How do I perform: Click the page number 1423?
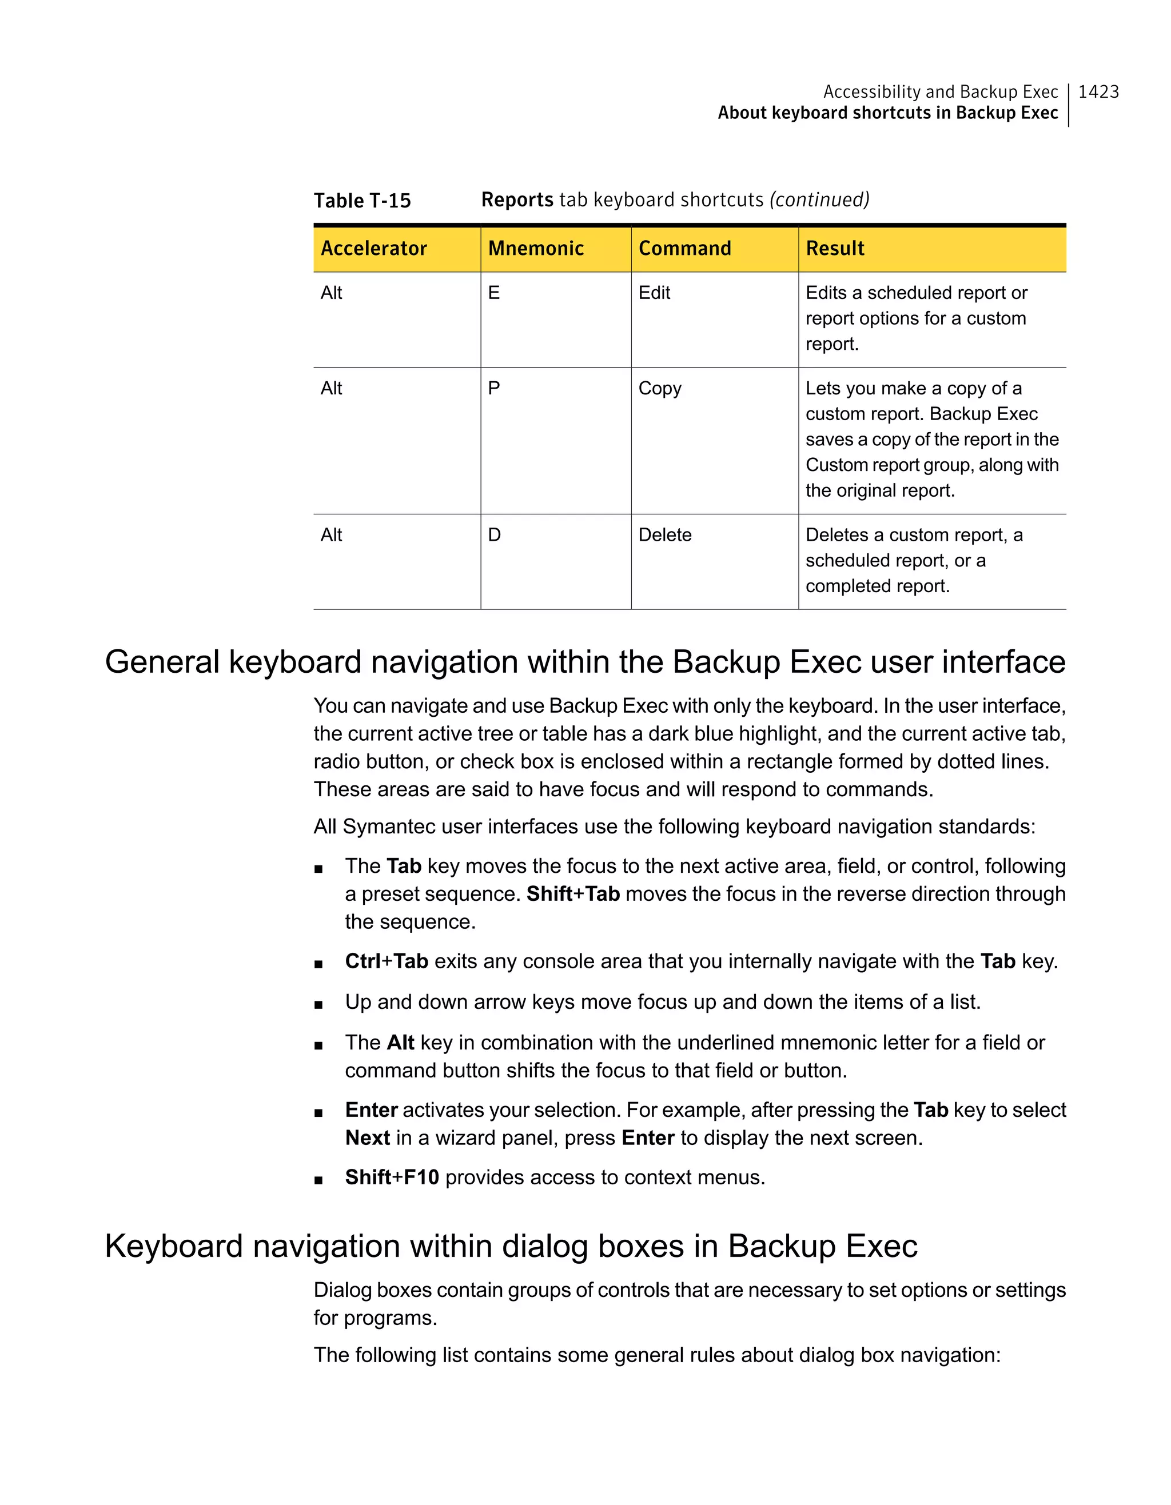click(1098, 91)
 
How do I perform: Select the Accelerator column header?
click(373, 248)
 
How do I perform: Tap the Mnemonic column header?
click(536, 248)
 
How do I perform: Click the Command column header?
click(684, 248)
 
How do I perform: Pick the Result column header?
click(835, 248)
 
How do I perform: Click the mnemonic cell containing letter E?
click(494, 293)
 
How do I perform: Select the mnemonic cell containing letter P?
click(494, 389)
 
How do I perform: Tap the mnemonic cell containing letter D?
click(494, 535)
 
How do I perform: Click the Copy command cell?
click(660, 389)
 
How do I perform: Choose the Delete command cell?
click(664, 535)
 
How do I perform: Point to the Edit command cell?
click(654, 293)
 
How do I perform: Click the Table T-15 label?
click(362, 201)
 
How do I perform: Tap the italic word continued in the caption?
click(819, 200)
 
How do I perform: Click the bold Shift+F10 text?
click(392, 1177)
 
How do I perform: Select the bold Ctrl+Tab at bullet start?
click(387, 961)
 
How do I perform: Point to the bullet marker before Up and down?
click(318, 1005)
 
